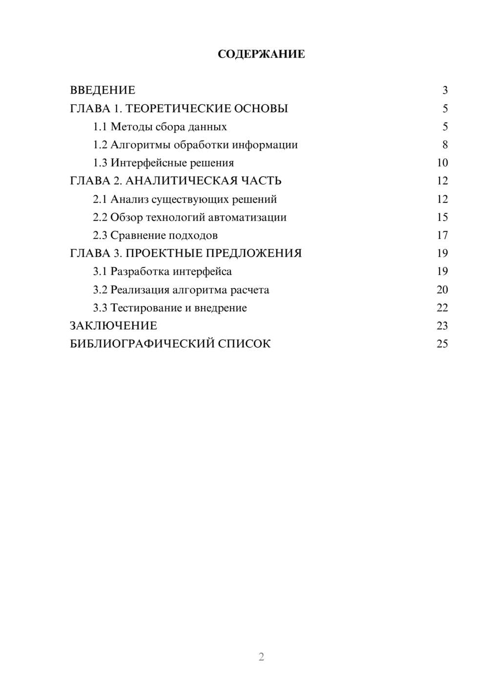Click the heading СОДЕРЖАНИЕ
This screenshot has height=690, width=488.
[261, 54]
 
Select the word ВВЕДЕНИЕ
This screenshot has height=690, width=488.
[102, 90]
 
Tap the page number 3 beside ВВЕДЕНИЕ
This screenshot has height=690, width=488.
[445, 90]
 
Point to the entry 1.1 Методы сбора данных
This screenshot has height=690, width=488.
[160, 127]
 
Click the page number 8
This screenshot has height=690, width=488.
[445, 145]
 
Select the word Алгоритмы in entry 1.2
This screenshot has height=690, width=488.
[141, 145]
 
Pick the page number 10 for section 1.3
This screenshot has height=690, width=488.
[442, 163]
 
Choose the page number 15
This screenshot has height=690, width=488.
[442, 217]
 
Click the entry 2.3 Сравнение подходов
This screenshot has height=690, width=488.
[155, 235]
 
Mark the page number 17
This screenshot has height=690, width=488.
[442, 235]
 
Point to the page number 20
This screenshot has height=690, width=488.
[442, 290]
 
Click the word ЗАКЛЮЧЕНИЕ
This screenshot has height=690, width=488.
[113, 325]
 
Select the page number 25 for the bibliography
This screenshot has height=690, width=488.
[442, 344]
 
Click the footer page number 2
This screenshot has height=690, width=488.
[261, 657]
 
